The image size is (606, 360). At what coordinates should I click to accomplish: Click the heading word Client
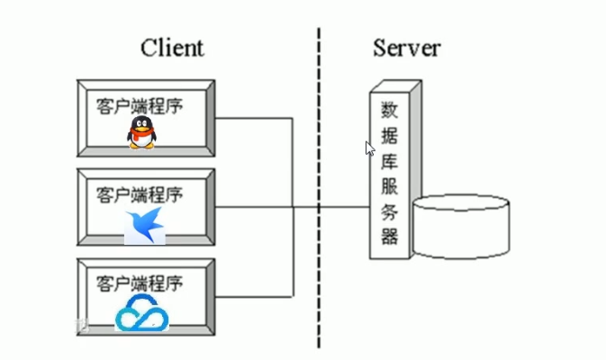click(172, 48)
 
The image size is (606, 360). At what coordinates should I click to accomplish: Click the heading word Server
click(407, 48)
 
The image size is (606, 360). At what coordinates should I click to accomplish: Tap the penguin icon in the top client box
click(142, 132)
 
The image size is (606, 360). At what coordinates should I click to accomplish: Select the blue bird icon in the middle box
click(145, 227)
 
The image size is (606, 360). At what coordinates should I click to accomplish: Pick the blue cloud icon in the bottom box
click(142, 313)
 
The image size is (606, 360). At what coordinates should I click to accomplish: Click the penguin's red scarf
click(141, 134)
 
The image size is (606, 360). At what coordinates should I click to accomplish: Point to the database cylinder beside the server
click(461, 227)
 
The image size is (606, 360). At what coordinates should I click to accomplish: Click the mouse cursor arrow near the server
click(369, 148)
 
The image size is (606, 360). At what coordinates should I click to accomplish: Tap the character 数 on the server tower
click(389, 110)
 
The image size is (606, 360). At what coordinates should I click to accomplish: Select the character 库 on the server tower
click(389, 161)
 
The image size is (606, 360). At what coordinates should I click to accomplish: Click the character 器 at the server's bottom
click(389, 237)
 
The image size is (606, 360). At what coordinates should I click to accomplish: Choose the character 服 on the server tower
click(389, 186)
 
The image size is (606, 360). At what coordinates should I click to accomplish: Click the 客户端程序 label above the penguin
click(140, 106)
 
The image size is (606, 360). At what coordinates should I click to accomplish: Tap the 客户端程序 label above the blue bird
click(140, 194)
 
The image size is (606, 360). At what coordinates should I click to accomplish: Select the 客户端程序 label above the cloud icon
click(140, 283)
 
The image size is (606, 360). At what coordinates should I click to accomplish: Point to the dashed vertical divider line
click(319, 188)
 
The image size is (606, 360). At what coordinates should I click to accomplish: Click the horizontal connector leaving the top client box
click(254, 118)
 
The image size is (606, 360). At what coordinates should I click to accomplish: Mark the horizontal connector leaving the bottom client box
click(254, 297)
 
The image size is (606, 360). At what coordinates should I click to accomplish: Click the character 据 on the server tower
click(389, 136)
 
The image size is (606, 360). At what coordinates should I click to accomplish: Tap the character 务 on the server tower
click(389, 211)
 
